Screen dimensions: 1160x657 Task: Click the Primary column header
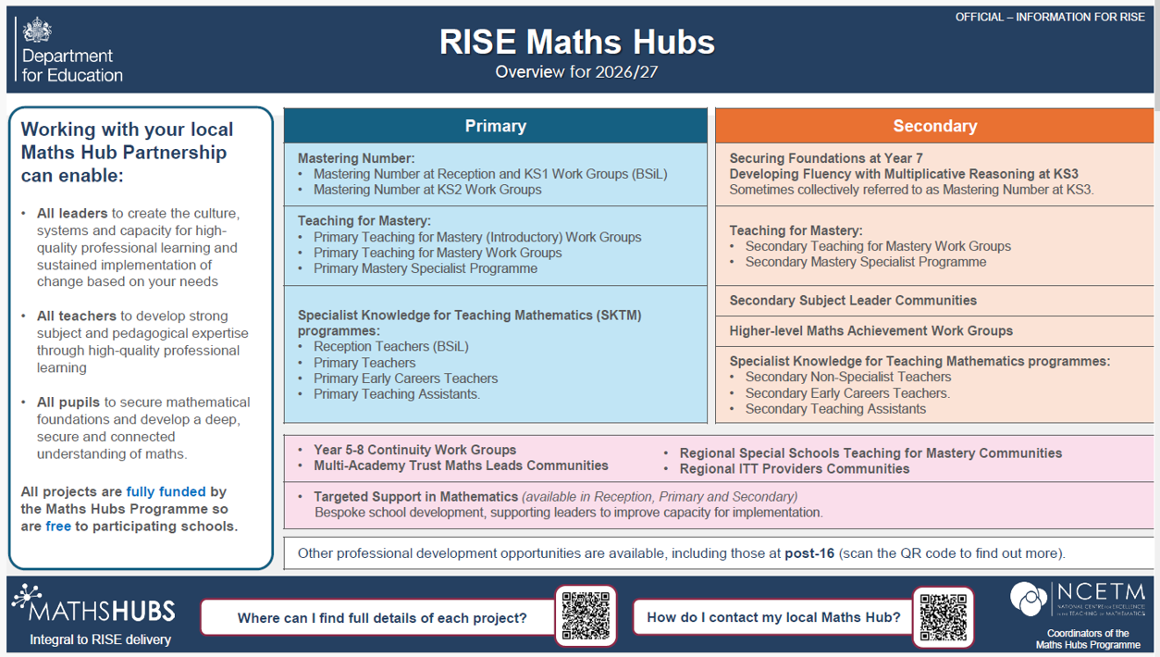pyautogui.click(x=496, y=126)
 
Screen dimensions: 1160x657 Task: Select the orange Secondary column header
pyautogui.click(x=934, y=126)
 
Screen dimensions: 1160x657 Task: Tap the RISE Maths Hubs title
pyautogui.click(x=577, y=42)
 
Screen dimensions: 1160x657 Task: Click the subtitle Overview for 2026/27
pyautogui.click(x=576, y=71)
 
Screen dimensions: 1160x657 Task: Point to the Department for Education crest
pyautogui.click(x=37, y=30)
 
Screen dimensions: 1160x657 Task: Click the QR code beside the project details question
pyautogui.click(x=586, y=616)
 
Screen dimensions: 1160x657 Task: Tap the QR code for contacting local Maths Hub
pyautogui.click(x=943, y=617)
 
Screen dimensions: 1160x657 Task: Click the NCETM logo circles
pyautogui.click(x=1029, y=599)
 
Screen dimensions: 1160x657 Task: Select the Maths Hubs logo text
pyautogui.click(x=102, y=611)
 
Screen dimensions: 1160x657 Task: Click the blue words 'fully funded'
pyautogui.click(x=166, y=491)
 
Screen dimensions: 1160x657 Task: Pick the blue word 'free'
pyautogui.click(x=58, y=527)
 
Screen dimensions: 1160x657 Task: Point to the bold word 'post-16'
pyautogui.click(x=809, y=553)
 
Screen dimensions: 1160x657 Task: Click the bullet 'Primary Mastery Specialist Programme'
pyautogui.click(x=426, y=268)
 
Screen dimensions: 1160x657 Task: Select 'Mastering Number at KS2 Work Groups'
pyautogui.click(x=427, y=190)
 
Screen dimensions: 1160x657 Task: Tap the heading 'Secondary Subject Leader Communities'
pyautogui.click(x=853, y=301)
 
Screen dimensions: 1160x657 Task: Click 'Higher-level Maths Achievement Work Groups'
pyautogui.click(x=871, y=330)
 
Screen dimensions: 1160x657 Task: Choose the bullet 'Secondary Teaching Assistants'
pyautogui.click(x=835, y=409)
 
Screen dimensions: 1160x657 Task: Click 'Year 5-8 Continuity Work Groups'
pyautogui.click(x=414, y=450)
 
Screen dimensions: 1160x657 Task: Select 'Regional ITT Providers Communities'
pyautogui.click(x=795, y=469)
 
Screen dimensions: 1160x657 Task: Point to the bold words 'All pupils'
pyautogui.click(x=68, y=403)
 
